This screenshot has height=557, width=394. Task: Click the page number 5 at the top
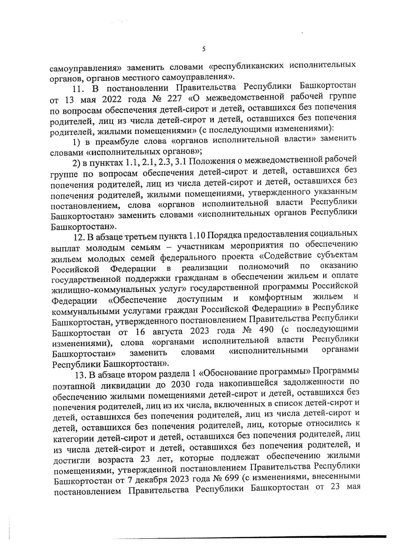[x=204, y=50]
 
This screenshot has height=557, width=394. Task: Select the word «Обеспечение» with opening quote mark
[x=137, y=300]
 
